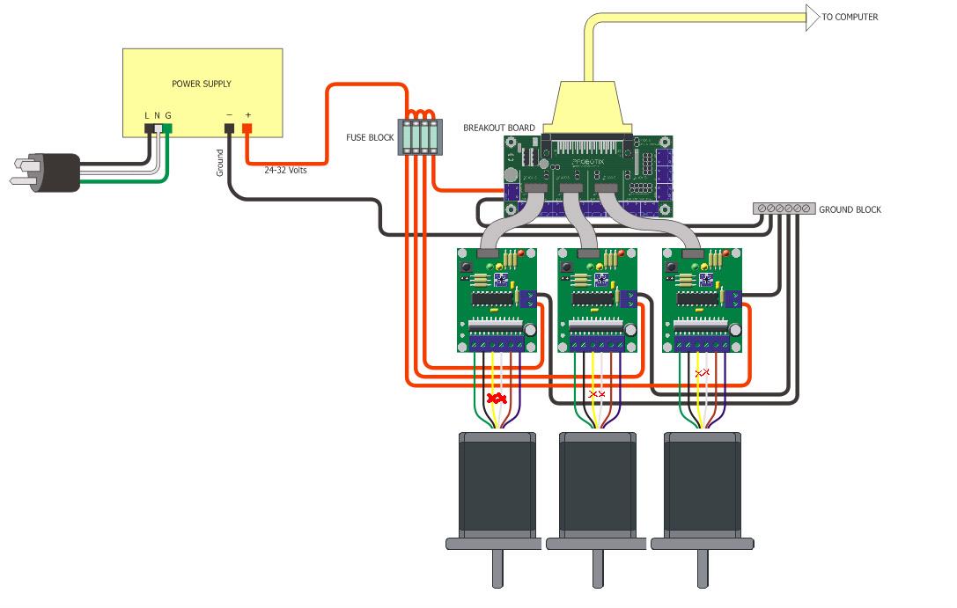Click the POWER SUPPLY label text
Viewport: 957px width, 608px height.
pyautogui.click(x=201, y=84)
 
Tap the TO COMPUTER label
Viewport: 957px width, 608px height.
pyautogui.click(x=850, y=17)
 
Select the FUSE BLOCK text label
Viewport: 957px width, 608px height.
pyautogui.click(x=370, y=138)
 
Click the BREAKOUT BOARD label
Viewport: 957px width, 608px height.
pyautogui.click(x=499, y=128)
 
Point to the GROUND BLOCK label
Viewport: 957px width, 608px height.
pyautogui.click(x=850, y=209)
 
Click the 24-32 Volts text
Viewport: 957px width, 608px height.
pyautogui.click(x=285, y=170)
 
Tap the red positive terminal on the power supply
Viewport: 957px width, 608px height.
pyautogui.click(x=247, y=129)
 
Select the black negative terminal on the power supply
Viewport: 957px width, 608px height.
pyautogui.click(x=229, y=129)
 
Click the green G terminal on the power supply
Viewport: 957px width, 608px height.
pyautogui.click(x=167, y=129)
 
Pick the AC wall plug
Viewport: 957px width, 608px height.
pyautogui.click(x=48, y=172)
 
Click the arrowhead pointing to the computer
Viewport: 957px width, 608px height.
pyautogui.click(x=811, y=17)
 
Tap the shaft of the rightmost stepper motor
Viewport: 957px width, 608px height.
pyautogui.click(x=703, y=569)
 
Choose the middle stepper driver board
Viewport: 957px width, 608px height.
pyautogui.click(x=598, y=299)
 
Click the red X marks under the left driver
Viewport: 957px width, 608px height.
pyautogui.click(x=497, y=399)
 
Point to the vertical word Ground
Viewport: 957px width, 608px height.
pyautogui.click(x=220, y=163)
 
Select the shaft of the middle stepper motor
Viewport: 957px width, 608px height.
pyautogui.click(x=599, y=569)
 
